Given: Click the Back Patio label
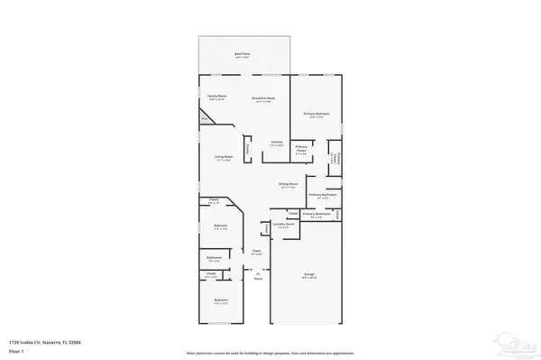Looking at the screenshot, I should pos(243,55).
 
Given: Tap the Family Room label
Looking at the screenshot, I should pos(216,95).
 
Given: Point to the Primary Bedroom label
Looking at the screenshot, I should pos(316,114).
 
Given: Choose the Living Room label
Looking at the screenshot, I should pos(223,157).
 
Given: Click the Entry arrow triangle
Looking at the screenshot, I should pos(258,273).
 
